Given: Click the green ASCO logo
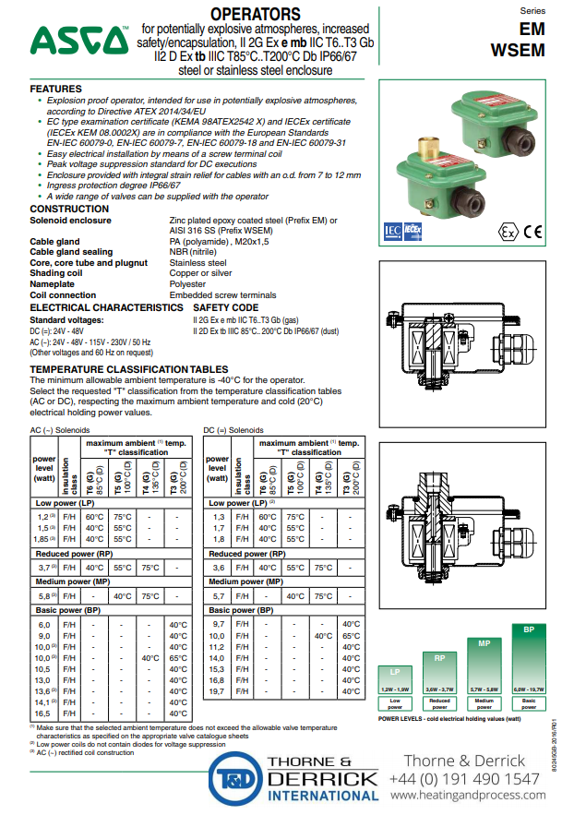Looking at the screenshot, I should click(x=79, y=39).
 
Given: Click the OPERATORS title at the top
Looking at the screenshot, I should click(x=256, y=14).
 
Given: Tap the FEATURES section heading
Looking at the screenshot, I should click(x=56, y=88).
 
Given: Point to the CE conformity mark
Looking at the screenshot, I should click(x=533, y=232).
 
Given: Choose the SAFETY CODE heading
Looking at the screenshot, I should click(x=225, y=306).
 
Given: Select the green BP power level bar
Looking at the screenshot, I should click(x=529, y=661).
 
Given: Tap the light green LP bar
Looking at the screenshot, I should click(x=394, y=681).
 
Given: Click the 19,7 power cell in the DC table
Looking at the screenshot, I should click(x=217, y=690).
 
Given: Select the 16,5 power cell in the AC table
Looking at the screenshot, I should click(x=43, y=713).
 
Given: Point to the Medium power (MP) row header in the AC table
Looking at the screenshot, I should click(x=68, y=582).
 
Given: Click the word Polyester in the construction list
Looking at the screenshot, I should click(x=188, y=285).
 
